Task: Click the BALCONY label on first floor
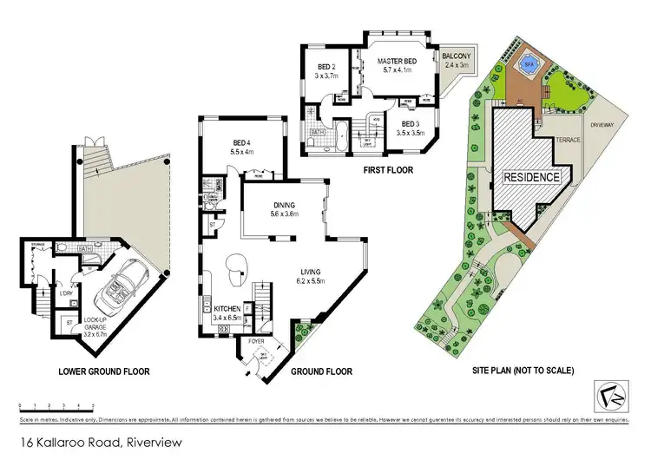coord(456,60)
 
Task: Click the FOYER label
coord(256,341)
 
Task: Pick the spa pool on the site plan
coord(526,64)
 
